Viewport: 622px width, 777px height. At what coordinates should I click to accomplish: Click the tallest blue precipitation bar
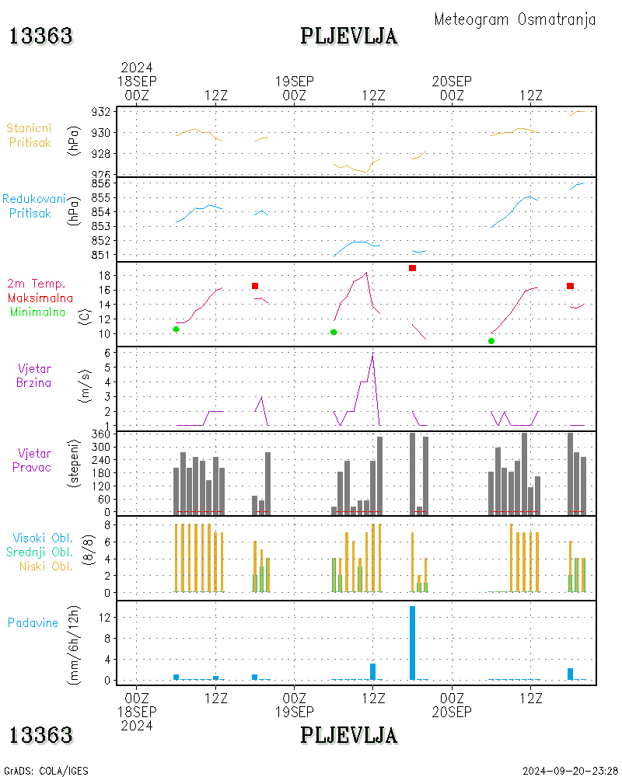tap(412, 643)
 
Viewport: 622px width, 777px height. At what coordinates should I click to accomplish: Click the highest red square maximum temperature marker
tap(412, 268)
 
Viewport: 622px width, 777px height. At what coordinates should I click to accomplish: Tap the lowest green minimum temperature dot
tap(491, 341)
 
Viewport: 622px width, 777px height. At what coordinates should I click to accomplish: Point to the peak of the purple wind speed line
tap(372, 353)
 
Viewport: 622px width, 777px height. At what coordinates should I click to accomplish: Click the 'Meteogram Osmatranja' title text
tap(515, 19)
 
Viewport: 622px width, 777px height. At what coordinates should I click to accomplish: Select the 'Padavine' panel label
tap(33, 622)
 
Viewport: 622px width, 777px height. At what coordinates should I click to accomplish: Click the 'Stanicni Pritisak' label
tap(30, 135)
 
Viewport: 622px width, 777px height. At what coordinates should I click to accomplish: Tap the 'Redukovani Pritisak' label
tap(33, 206)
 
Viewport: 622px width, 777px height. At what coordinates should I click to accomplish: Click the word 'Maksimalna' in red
tap(40, 298)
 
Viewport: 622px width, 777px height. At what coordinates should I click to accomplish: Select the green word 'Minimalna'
tap(37, 312)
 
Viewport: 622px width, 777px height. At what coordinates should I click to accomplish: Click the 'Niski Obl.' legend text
tap(46, 566)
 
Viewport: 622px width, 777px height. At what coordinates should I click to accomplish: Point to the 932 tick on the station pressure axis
tap(101, 112)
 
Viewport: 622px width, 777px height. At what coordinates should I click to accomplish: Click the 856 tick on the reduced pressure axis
tap(101, 183)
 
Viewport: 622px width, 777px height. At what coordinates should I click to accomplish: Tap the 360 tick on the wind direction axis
tap(101, 434)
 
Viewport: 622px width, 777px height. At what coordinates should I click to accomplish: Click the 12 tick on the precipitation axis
tap(104, 618)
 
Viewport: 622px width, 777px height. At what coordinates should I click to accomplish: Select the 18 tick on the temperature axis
tap(104, 276)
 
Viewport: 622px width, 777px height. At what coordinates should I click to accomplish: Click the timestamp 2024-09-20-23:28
tap(570, 771)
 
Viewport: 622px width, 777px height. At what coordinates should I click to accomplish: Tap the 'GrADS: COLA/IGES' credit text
tap(46, 771)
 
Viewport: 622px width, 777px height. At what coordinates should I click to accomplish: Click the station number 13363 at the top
tap(41, 37)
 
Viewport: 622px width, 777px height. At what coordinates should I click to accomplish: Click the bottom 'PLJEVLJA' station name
tap(348, 735)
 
